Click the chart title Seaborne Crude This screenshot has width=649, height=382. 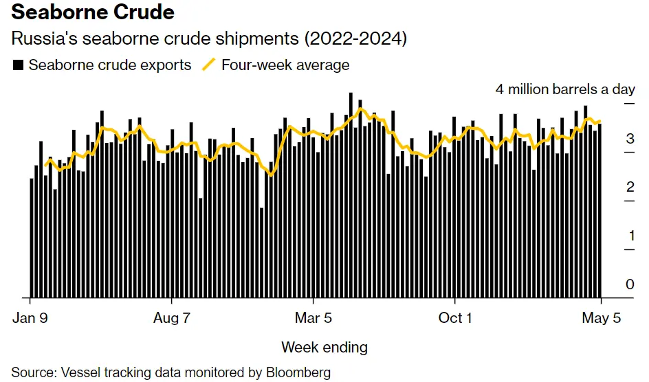[93, 12]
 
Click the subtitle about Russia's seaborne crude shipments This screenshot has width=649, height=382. [209, 39]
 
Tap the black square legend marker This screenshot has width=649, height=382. [19, 65]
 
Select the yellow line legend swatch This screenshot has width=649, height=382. [208, 65]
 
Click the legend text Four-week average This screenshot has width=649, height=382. [285, 65]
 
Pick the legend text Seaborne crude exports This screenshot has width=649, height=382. [110, 65]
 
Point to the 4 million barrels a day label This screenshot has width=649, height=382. [565, 89]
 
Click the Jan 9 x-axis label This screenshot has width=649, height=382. [30, 318]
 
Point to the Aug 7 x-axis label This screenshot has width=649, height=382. [171, 318]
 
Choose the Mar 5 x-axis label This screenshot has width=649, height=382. [313, 318]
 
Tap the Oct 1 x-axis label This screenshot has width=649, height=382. [455, 318]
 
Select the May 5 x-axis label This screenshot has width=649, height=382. [601, 318]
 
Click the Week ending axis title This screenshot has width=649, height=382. [324, 347]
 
